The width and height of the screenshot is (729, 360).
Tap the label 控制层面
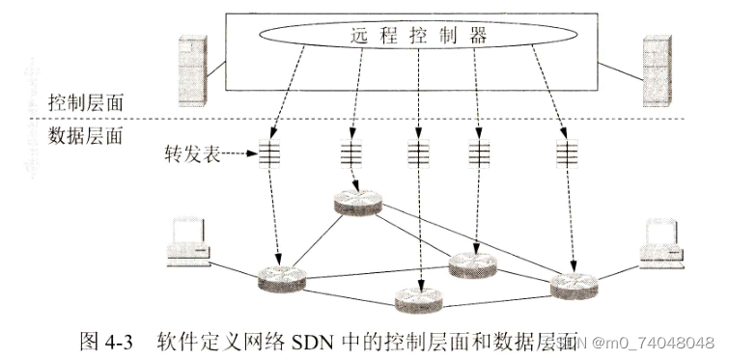pyautogui.click(x=86, y=102)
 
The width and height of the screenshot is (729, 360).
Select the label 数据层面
pyautogui.click(x=86, y=134)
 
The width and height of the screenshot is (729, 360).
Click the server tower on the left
pyautogui.click(x=192, y=69)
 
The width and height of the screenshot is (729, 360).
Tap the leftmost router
pyautogui.click(x=282, y=279)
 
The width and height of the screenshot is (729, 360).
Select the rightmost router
pyautogui.click(x=575, y=284)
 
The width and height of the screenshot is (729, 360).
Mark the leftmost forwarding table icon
pyautogui.click(x=270, y=152)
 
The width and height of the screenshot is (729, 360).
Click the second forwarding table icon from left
pyautogui.click(x=350, y=152)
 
